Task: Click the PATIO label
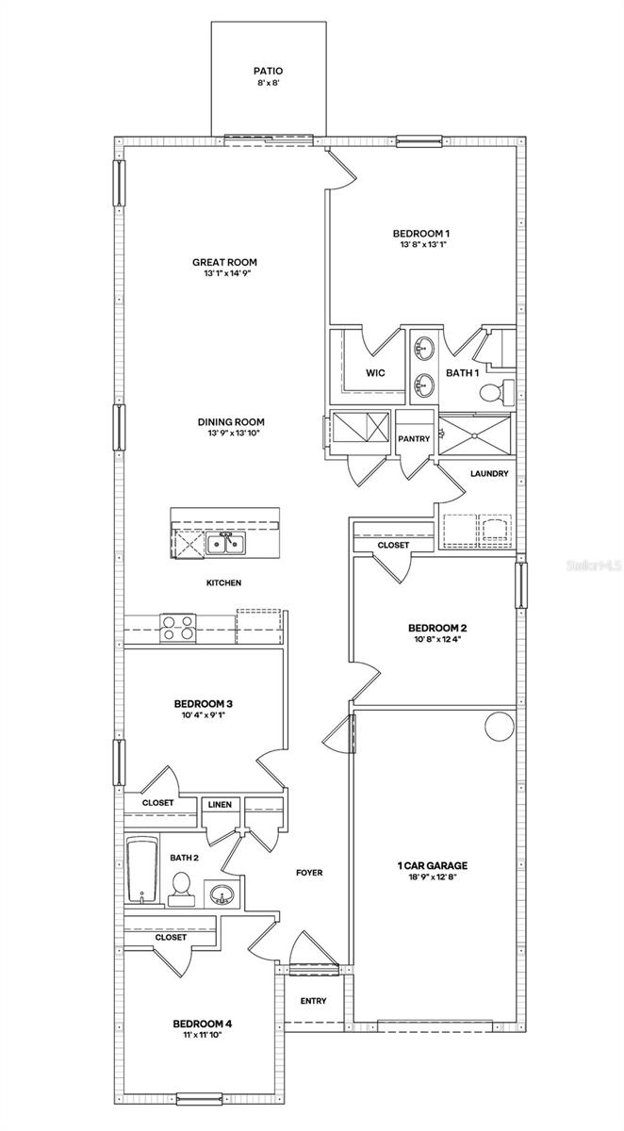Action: pos(268,70)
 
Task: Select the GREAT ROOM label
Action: pos(224,262)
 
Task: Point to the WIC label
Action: pos(375,373)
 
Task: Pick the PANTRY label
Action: pos(414,438)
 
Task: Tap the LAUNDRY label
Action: pos(489,473)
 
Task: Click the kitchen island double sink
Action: pos(226,543)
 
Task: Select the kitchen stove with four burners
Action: pos(178,627)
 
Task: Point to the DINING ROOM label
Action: pos(230,422)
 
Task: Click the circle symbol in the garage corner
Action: pos(498,726)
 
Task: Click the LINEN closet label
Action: pos(221,804)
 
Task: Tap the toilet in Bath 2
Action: pos(180,887)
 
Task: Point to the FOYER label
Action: pos(309,873)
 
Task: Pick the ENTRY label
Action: pos(313,1000)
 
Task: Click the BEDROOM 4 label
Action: pos(202,1024)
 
